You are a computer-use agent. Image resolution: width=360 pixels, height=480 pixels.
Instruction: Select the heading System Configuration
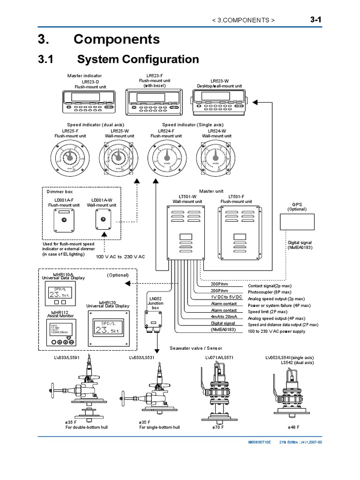(138, 60)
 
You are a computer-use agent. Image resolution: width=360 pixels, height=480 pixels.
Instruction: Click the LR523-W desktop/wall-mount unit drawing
(219, 101)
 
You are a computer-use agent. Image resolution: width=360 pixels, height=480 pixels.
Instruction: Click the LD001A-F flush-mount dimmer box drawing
(64, 220)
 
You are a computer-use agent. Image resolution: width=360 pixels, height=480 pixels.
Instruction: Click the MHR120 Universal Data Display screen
(107, 328)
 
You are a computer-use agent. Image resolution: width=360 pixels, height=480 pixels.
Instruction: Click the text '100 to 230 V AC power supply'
(277, 331)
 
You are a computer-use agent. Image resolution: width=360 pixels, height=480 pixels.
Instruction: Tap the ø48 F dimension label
(293, 427)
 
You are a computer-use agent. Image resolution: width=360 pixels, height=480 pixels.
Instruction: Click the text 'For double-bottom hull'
(77, 427)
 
